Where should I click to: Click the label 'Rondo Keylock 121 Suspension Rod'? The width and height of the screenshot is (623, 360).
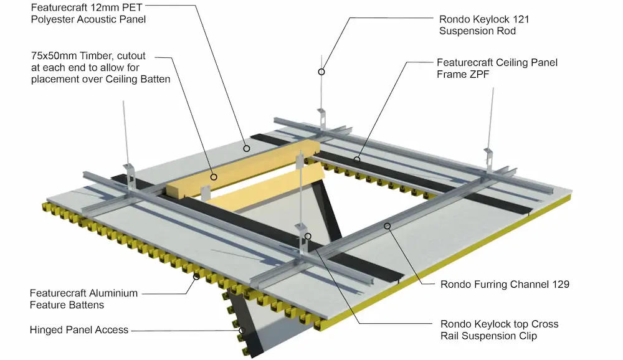point(484,25)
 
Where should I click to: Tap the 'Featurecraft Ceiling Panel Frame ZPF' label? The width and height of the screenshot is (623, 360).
point(497,69)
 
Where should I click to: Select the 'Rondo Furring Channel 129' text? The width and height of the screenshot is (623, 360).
point(505,285)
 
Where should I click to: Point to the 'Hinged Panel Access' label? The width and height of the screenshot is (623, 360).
point(79,330)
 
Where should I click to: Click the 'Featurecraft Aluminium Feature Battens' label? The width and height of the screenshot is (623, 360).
point(83,299)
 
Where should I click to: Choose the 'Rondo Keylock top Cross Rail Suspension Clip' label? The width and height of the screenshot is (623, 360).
point(500,330)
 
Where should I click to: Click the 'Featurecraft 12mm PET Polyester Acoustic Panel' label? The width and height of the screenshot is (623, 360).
point(88,14)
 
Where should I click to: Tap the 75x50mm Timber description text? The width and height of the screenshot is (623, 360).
point(100,67)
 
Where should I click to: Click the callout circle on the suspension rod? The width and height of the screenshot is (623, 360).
point(321,72)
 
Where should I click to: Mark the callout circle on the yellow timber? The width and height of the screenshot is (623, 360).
point(214,177)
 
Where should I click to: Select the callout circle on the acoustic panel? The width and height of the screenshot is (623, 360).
point(247,149)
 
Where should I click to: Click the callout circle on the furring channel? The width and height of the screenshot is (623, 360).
point(387,226)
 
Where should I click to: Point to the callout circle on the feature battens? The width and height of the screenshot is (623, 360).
point(196,277)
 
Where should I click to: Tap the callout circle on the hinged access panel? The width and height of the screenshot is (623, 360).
point(242,331)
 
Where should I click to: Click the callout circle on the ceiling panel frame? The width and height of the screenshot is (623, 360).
point(357,159)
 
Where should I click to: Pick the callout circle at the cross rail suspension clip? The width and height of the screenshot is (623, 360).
point(308,237)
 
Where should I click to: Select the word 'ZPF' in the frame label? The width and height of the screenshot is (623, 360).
point(478,74)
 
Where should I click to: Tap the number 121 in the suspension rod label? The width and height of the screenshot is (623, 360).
point(521,19)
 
